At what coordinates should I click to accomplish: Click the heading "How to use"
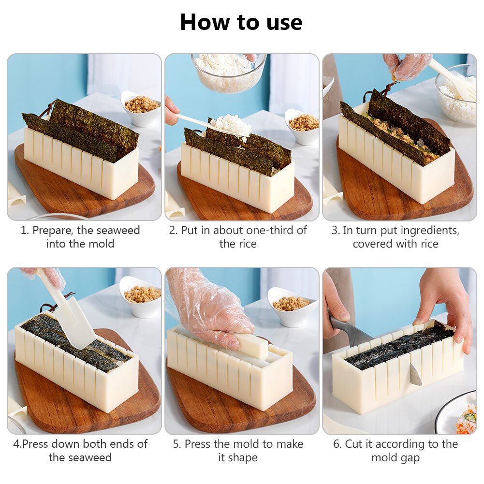[241, 22]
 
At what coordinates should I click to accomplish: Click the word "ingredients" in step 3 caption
[427, 231]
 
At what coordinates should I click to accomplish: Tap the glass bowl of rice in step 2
[228, 73]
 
